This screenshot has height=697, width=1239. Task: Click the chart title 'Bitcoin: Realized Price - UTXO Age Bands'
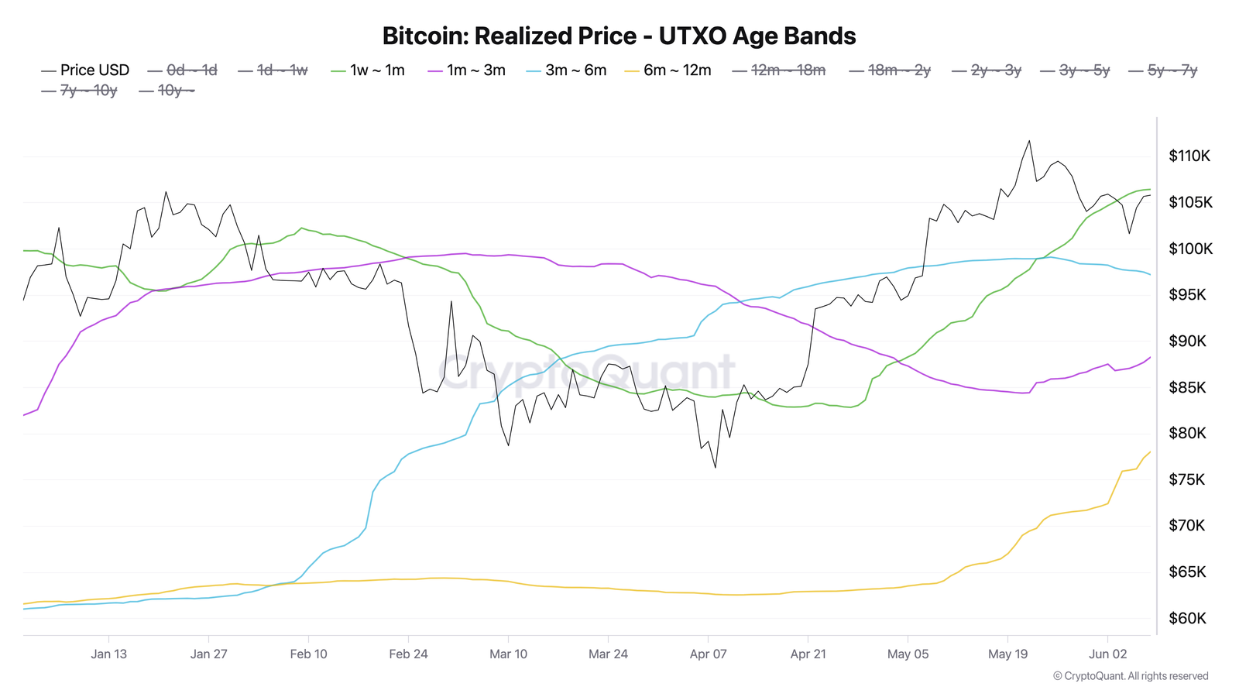619,36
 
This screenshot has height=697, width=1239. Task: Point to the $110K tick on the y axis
1189,156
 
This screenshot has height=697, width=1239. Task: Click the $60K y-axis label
1187,619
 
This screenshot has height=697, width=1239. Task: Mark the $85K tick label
1187,387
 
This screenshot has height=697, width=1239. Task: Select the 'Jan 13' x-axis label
108,654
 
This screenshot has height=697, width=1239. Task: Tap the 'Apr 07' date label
708,654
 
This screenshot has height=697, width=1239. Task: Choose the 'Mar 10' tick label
508,654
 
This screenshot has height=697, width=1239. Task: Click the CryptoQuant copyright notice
1131,676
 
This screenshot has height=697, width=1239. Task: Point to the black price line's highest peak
1029,141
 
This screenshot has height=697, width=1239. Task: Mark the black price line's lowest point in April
715,467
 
